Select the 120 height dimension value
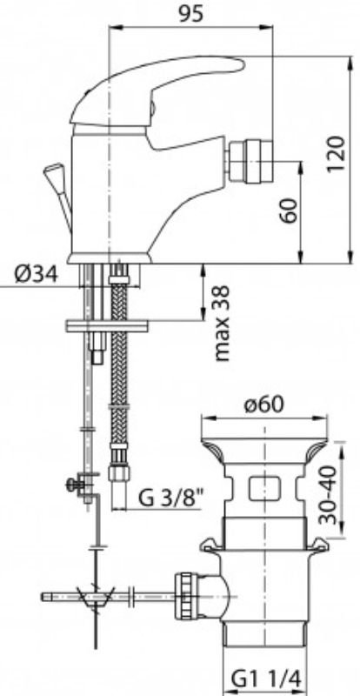pos(336,154)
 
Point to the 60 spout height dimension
pos(289,211)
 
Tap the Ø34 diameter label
pos(37,275)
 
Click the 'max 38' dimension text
pos(223,323)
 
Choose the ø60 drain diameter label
pos(264,404)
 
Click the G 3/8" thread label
pos(170,499)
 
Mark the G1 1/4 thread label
pos(266,679)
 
